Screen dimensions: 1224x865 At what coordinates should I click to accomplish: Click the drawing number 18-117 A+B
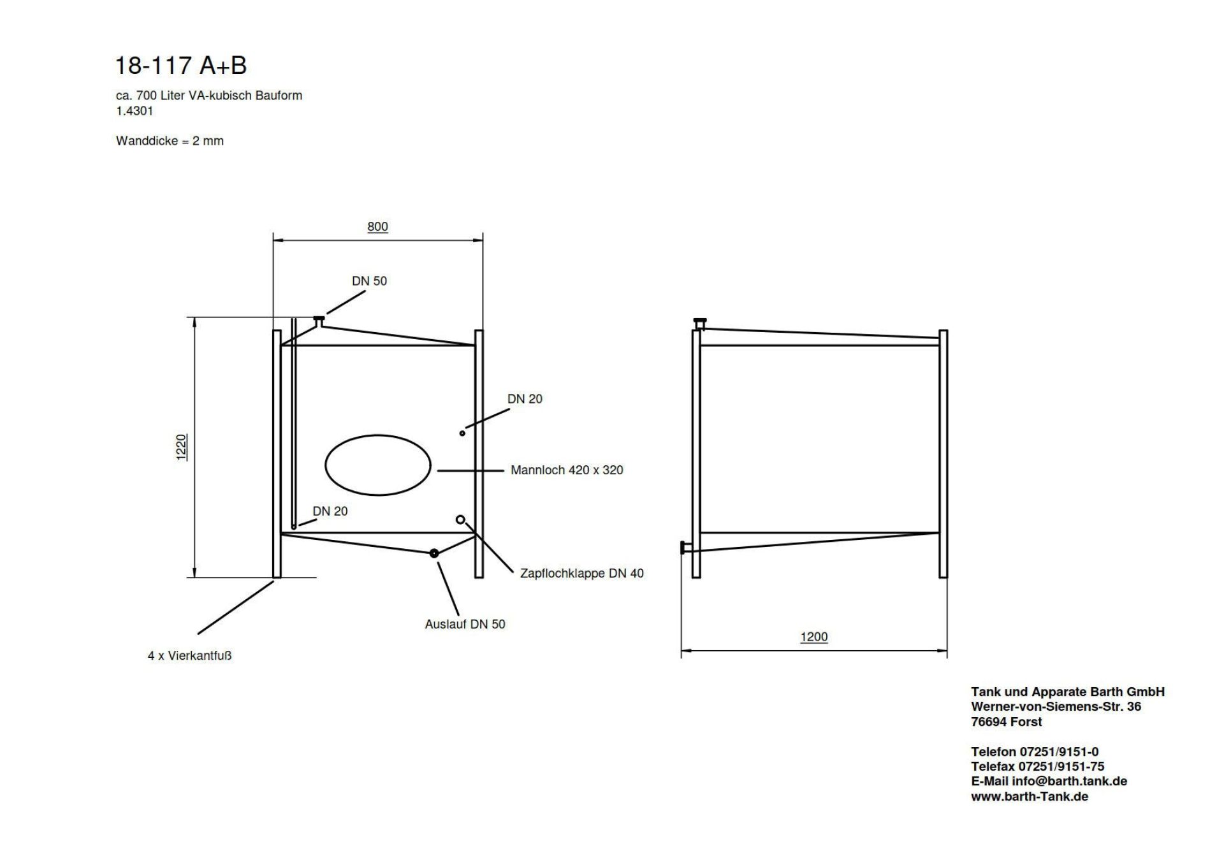(x=180, y=65)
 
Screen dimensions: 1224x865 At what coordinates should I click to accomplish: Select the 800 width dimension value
(x=377, y=226)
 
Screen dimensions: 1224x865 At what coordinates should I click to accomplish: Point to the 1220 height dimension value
(x=182, y=447)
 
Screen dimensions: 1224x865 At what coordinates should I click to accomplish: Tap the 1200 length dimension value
(x=814, y=637)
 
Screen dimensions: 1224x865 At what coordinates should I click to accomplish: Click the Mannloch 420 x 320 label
(x=567, y=470)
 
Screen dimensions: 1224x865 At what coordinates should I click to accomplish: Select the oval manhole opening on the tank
(x=378, y=465)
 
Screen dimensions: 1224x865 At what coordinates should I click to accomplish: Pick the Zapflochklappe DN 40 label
(x=581, y=573)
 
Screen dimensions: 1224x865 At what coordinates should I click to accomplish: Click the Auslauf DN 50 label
(x=465, y=624)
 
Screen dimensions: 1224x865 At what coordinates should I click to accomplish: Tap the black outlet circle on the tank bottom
(x=434, y=553)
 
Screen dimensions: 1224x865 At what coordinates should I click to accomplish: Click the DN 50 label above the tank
(x=369, y=280)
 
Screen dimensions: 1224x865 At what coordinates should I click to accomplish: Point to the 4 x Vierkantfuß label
(x=189, y=655)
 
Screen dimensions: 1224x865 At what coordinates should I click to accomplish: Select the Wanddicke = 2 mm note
(x=170, y=141)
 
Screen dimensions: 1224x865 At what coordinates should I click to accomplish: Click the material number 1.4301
(x=135, y=111)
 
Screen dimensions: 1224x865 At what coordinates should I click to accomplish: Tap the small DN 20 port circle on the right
(x=462, y=433)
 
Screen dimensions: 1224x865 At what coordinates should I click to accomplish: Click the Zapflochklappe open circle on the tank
(x=460, y=520)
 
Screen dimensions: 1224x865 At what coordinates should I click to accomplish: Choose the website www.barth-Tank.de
(x=1030, y=796)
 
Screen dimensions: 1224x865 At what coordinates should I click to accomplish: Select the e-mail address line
(x=1049, y=781)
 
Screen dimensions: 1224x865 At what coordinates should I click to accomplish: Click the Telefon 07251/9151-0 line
(x=1035, y=752)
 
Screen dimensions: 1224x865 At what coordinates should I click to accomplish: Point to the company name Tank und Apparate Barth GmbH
(x=1068, y=692)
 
